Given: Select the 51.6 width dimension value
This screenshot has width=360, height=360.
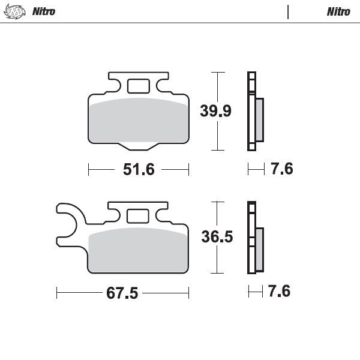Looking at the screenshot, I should coord(139,170).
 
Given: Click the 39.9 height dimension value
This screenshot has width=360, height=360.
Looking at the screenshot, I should coord(215,111).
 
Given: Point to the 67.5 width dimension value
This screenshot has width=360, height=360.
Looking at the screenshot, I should coord(122,293).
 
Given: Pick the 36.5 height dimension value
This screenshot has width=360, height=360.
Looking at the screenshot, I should coord(217,237).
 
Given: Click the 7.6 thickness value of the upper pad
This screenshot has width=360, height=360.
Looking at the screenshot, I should coord(281,170).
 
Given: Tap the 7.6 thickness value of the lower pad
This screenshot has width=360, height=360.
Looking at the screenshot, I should coord(279,292).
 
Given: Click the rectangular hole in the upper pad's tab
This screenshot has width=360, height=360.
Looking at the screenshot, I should coord(138,86).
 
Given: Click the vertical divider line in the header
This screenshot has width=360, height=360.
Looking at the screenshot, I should coord(289,11).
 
